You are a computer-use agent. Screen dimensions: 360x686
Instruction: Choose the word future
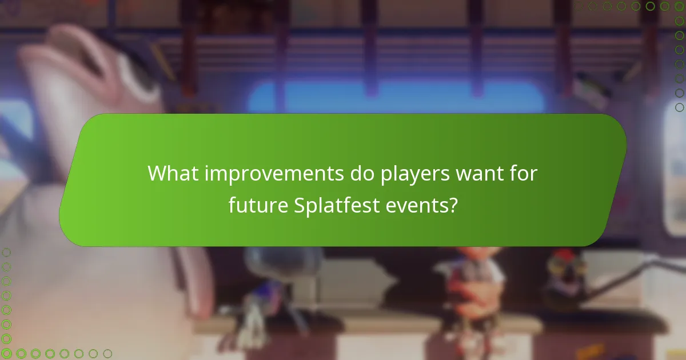click(258, 204)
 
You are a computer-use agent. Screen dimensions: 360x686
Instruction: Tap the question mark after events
click(452, 204)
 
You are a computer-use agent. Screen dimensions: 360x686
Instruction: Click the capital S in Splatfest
click(300, 204)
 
